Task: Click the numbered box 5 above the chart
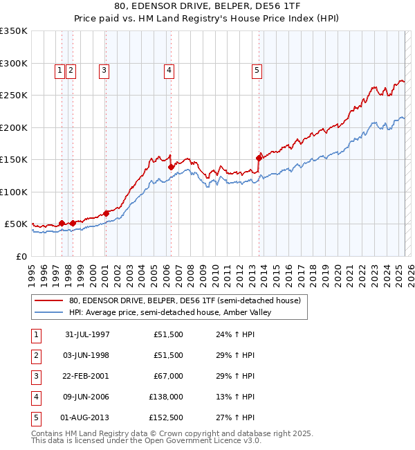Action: pos(257,69)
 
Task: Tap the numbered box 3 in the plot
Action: pos(104,69)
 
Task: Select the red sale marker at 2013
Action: pos(259,158)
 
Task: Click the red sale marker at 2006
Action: pos(171,167)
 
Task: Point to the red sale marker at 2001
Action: pos(106,213)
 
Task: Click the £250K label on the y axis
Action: pos(14,95)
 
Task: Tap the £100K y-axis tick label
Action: pos(14,192)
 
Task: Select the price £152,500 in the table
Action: pos(166,417)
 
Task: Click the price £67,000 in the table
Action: pos(168,376)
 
